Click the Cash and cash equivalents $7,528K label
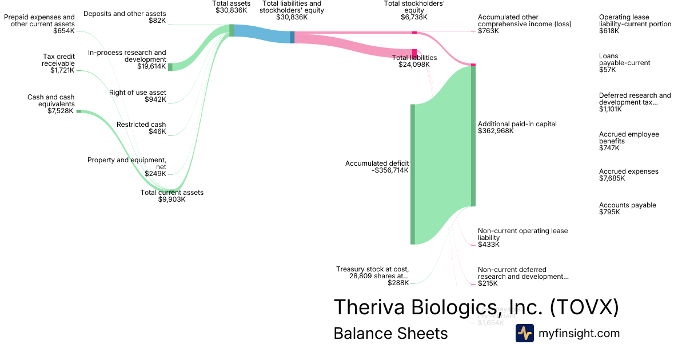tap(51, 104)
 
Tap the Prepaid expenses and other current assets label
tap(39, 24)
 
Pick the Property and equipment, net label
tap(127, 167)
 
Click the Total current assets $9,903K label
tap(171, 196)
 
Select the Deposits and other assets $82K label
tap(125, 17)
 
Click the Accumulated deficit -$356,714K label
tap(377, 167)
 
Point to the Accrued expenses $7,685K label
tap(628, 175)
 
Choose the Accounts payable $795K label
tap(627, 209)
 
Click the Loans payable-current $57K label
tap(624, 63)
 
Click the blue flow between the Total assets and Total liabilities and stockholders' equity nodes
tap(262, 33)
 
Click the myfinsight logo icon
tap(524, 333)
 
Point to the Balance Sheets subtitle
tap(390, 334)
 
